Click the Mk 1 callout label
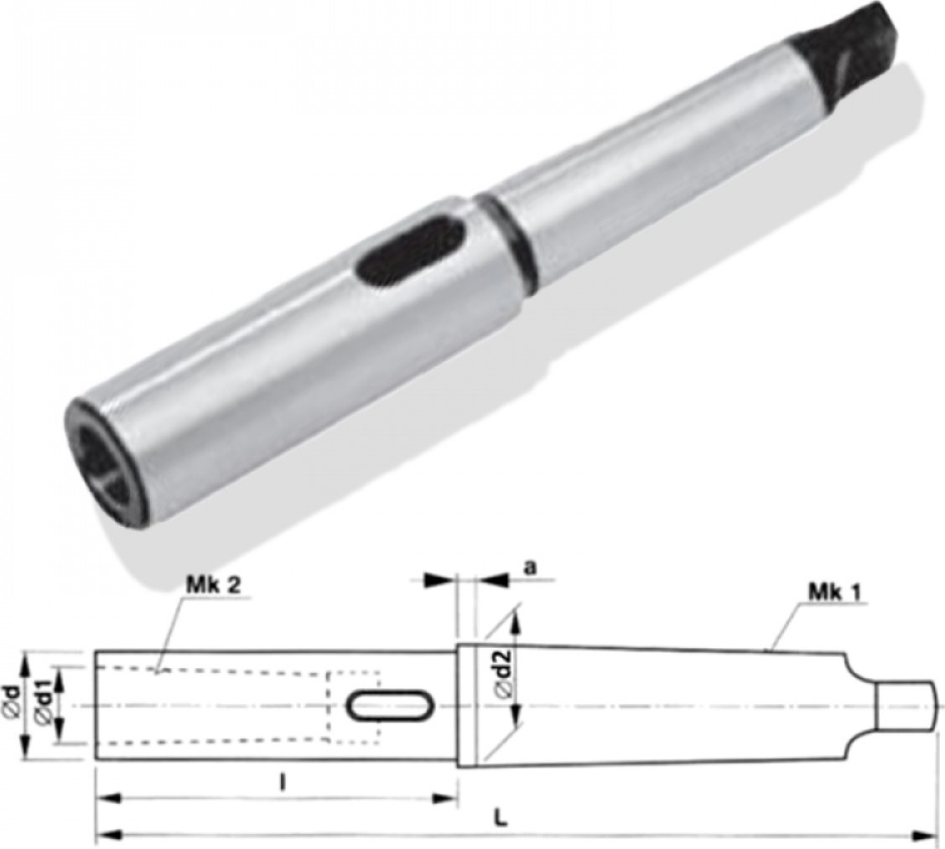834,593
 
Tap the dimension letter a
530,568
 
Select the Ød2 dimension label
504,674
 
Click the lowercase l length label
282,783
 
